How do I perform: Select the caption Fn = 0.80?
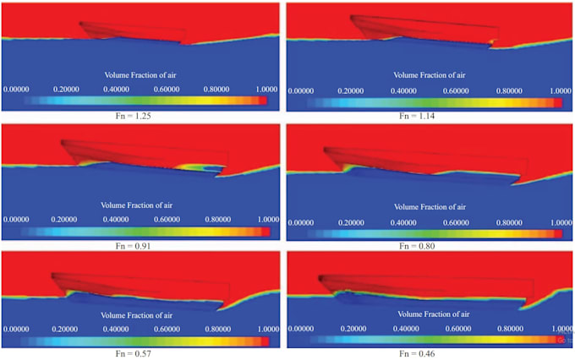point(431,245)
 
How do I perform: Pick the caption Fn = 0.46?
point(432,354)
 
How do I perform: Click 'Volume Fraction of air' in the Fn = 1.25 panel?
point(140,74)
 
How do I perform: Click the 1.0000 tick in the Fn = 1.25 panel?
point(267,88)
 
